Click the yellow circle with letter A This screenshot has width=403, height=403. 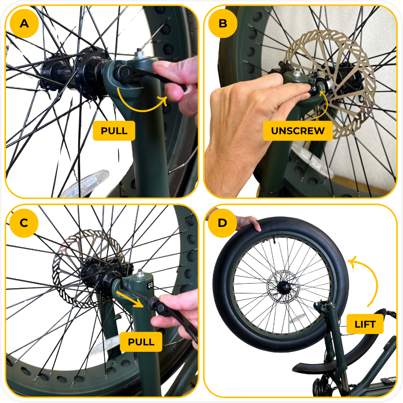pos(24,23)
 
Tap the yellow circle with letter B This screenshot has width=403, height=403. pos(222,23)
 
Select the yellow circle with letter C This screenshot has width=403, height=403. pos(24,222)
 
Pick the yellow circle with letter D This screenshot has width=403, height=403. pos(222,222)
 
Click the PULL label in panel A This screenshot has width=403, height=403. pos(114,131)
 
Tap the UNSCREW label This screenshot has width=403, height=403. pos(298,131)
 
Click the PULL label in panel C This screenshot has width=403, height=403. pos(141,342)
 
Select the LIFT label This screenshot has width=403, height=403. pos(365,324)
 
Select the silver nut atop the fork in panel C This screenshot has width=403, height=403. pos(140,273)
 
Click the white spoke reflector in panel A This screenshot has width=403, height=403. pos(85,184)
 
